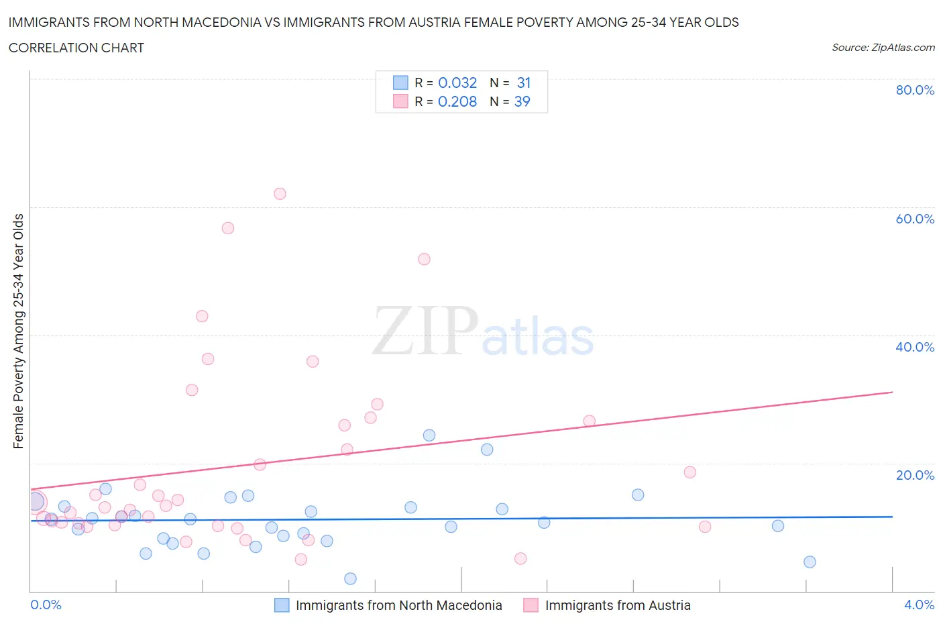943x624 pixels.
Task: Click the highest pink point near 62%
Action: click(x=280, y=194)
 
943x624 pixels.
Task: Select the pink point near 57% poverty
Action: click(x=228, y=228)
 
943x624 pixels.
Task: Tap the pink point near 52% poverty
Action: click(x=424, y=259)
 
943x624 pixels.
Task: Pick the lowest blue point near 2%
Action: click(x=350, y=578)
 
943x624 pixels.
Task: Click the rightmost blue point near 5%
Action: click(x=810, y=562)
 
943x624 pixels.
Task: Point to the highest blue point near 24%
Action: click(x=429, y=435)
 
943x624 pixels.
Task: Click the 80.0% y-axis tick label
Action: click(x=915, y=90)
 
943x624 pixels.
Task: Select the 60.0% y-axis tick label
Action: click(x=915, y=219)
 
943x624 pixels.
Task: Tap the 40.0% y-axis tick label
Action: click(x=915, y=347)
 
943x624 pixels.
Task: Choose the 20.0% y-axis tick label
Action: click(x=915, y=475)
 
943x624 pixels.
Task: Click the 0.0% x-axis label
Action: click(x=46, y=605)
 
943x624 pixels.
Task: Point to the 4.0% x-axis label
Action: click(x=919, y=605)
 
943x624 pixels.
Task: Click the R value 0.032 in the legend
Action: click(x=457, y=83)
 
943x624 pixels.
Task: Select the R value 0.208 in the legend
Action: click(x=457, y=101)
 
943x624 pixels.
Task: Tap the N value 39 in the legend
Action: click(x=522, y=101)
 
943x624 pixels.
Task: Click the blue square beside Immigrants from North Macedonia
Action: click(x=282, y=605)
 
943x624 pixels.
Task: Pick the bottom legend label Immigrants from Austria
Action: click(x=618, y=605)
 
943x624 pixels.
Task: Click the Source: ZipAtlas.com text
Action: click(x=883, y=48)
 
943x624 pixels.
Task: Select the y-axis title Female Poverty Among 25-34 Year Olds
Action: click(x=18, y=331)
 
